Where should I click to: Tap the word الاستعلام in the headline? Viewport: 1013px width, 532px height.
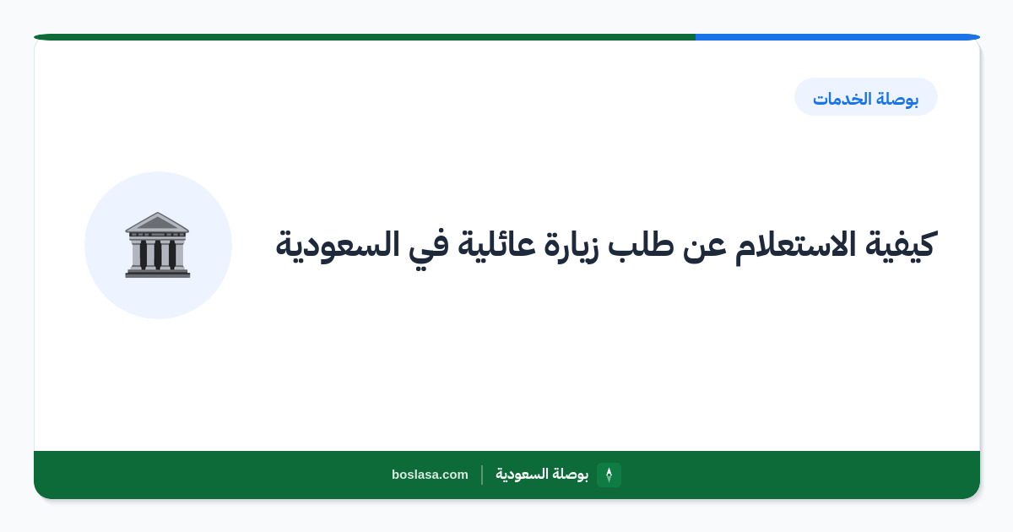tap(795, 247)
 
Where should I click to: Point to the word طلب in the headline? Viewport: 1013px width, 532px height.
tap(641, 245)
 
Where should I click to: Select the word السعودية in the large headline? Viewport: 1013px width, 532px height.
tap(338, 246)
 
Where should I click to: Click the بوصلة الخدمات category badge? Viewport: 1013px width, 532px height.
tap(866, 97)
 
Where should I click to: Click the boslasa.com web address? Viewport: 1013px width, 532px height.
tap(430, 475)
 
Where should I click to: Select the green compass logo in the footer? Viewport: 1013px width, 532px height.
tap(609, 475)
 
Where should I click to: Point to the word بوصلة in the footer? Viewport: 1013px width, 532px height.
tap(571, 474)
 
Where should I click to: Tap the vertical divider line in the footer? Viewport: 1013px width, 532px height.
tap(482, 475)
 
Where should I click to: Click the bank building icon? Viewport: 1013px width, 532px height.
tap(157, 245)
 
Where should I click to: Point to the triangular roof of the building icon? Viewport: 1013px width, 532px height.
tap(157, 222)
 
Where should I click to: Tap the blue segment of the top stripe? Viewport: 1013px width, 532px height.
tap(837, 37)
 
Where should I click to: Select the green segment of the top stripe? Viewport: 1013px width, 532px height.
tap(365, 37)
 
